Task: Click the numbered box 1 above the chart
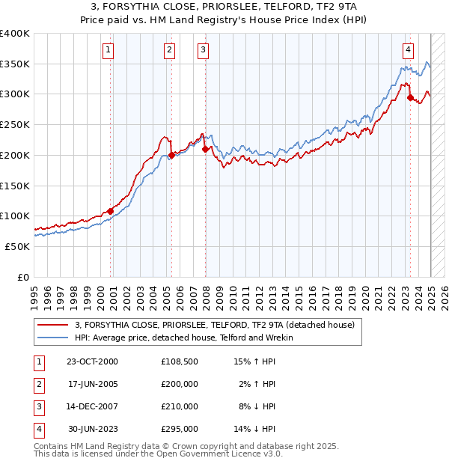coord(109,50)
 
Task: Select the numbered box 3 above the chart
coord(203,50)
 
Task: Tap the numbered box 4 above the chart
coord(408,50)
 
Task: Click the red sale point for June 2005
coord(171,155)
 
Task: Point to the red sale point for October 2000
coord(110,211)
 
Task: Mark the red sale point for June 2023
coord(410,97)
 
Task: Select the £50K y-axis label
coord(18,246)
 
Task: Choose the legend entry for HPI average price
coord(183,338)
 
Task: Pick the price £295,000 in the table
coord(180,429)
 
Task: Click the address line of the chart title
coord(224,7)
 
